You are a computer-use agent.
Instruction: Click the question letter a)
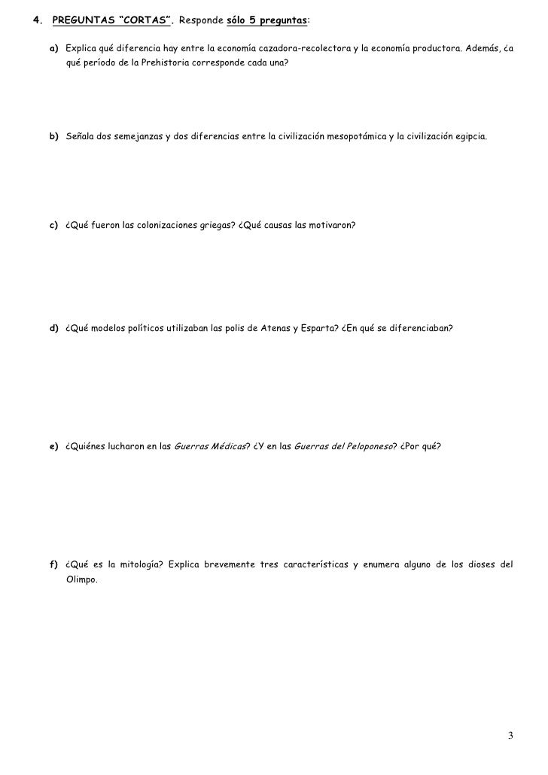pyautogui.click(x=54, y=49)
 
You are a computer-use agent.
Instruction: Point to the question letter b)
pyautogui.click(x=54, y=139)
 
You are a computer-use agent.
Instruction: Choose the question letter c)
pyautogui.click(x=54, y=225)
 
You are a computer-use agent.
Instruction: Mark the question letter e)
pyautogui.click(x=54, y=447)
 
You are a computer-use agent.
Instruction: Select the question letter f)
pyautogui.click(x=54, y=565)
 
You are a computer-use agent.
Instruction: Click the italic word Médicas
pyautogui.click(x=227, y=447)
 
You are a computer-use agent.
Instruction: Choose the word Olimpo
pyautogui.click(x=81, y=580)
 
